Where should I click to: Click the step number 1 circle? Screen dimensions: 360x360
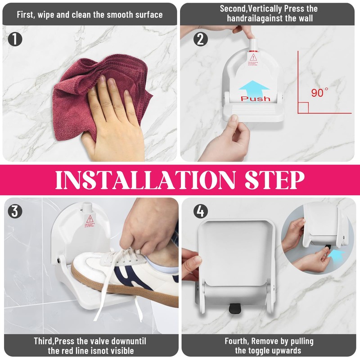tap(15, 40)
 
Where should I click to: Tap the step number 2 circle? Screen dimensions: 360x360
tap(201, 40)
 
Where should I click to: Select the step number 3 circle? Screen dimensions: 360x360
tap(15, 211)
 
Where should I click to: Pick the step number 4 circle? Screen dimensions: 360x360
tap(201, 211)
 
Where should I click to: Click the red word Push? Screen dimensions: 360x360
tap(255, 98)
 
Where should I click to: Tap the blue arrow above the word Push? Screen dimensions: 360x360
tap(254, 87)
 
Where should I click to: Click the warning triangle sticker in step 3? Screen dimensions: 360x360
tap(90, 220)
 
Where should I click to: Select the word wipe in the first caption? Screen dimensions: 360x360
tap(52, 14)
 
